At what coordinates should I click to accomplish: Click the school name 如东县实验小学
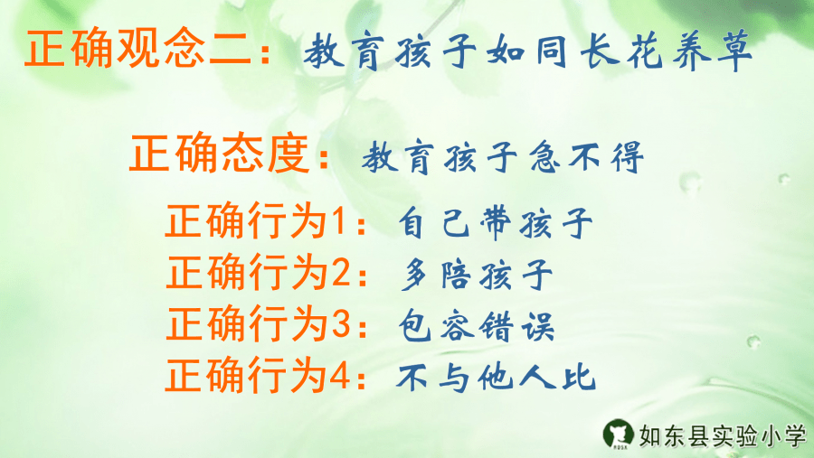coord(721,436)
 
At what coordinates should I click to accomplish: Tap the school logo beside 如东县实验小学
coord(620,435)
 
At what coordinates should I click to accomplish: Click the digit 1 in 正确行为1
coord(337,221)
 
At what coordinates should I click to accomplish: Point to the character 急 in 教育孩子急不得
coord(540,159)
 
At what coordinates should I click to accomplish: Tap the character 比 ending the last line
coord(579,377)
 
